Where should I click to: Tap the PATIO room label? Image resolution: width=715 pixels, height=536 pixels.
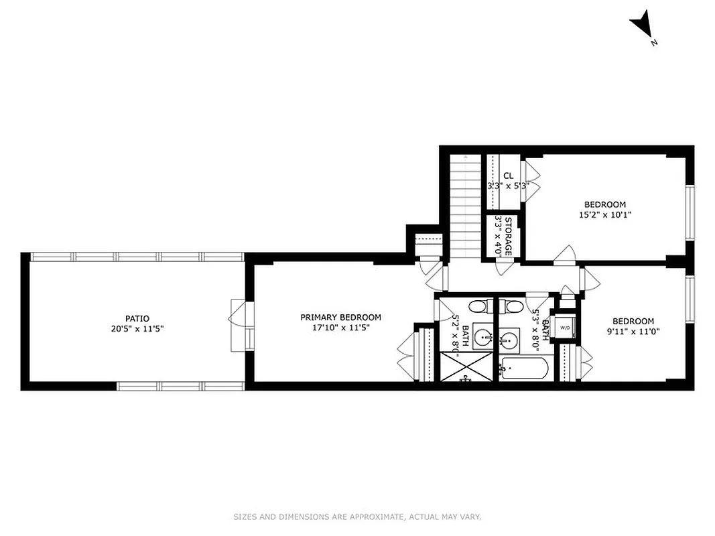137,318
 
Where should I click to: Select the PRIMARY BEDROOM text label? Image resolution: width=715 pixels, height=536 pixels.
340,318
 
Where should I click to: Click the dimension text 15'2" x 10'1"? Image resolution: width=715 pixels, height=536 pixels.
604,215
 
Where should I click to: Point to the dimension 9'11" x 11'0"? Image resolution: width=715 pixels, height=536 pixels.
633,331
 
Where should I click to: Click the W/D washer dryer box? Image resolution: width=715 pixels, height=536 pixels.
565,328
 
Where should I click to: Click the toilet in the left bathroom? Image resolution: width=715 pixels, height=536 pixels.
477,308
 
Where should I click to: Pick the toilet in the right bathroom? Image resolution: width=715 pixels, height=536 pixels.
514,308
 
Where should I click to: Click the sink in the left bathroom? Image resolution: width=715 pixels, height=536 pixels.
481,336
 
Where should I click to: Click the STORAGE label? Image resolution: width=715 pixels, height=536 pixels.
508,236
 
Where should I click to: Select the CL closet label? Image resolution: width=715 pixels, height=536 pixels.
508,176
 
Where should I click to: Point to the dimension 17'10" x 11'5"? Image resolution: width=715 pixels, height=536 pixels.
340,328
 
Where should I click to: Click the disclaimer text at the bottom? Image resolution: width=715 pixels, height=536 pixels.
357,517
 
